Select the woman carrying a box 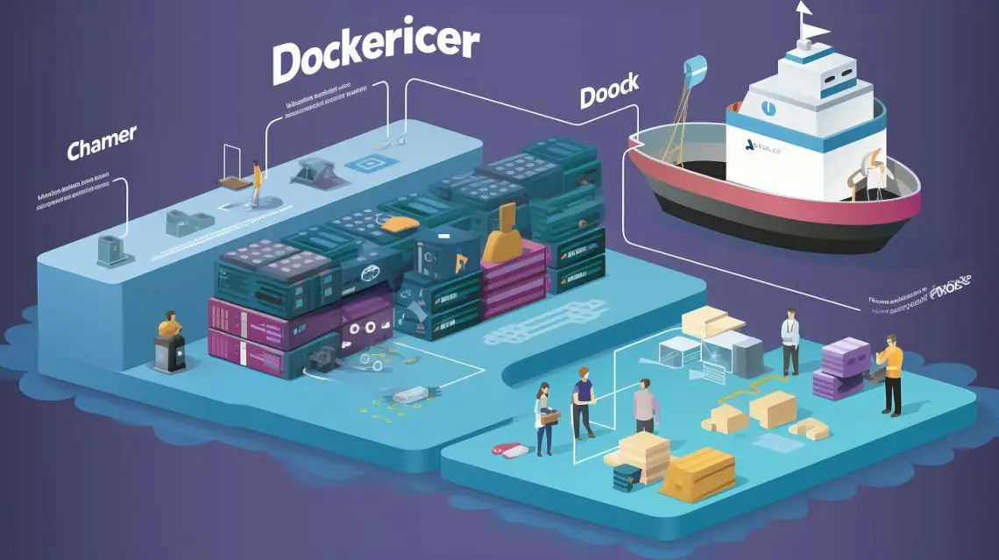click(544, 415)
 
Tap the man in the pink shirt click(644, 404)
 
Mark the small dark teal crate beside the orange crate click(628, 477)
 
